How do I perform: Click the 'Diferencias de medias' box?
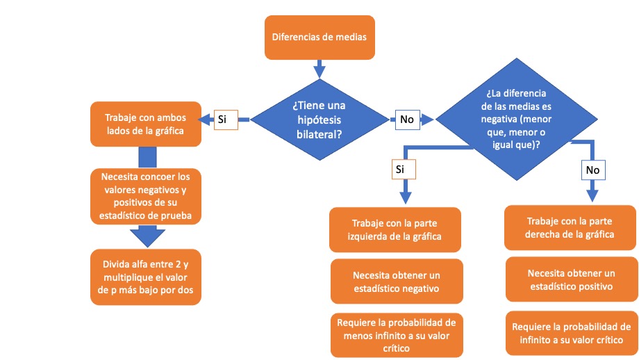pyautogui.click(x=319, y=37)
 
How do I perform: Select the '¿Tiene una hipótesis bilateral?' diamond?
pyautogui.click(x=319, y=119)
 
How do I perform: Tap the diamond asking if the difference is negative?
pyautogui.click(x=515, y=119)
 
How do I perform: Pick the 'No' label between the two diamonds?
pyautogui.click(x=407, y=120)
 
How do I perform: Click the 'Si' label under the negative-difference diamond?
pyautogui.click(x=400, y=169)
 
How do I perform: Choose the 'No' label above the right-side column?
pyautogui.click(x=592, y=170)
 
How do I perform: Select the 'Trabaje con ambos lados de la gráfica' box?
pyautogui.click(x=145, y=124)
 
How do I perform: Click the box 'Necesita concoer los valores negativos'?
pyautogui.click(x=145, y=196)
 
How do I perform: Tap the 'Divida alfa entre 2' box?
pyautogui.click(x=145, y=277)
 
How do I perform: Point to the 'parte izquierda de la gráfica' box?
pyautogui.click(x=395, y=229)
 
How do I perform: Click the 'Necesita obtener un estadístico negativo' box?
pyautogui.click(x=395, y=281)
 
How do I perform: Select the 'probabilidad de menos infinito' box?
pyautogui.click(x=395, y=335)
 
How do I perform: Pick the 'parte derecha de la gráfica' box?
pyautogui.click(x=570, y=227)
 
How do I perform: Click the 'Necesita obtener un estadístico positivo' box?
pyautogui.click(x=570, y=279)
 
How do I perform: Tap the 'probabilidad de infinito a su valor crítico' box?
pyautogui.click(x=570, y=333)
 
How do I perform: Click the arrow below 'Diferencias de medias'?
pyautogui.click(x=319, y=69)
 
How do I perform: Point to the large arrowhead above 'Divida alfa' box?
pyautogui.click(x=145, y=237)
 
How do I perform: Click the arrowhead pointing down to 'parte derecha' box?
pyautogui.click(x=592, y=193)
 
